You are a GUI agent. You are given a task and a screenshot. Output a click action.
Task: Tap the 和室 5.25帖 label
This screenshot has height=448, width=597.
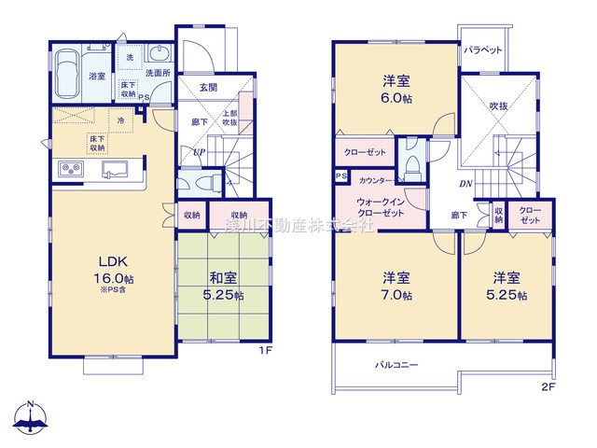[222, 287]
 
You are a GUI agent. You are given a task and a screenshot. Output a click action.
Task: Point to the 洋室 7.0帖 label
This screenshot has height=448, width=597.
[396, 286]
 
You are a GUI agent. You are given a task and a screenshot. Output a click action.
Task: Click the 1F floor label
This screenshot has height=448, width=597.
[264, 351]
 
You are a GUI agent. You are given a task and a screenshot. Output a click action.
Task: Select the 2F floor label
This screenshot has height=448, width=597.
[548, 385]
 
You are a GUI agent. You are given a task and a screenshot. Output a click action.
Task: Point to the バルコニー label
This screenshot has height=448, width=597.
[397, 365]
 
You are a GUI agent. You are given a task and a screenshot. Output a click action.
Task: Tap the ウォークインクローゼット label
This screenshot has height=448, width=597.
[380, 208]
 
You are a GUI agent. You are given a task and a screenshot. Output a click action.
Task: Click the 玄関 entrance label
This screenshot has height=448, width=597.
[208, 88]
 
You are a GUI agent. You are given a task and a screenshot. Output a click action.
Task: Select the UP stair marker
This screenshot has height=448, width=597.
[199, 152]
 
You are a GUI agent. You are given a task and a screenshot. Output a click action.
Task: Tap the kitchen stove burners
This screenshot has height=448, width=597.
[72, 168]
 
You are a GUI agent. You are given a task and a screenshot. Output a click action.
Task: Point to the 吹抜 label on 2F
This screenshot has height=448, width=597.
[500, 106]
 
